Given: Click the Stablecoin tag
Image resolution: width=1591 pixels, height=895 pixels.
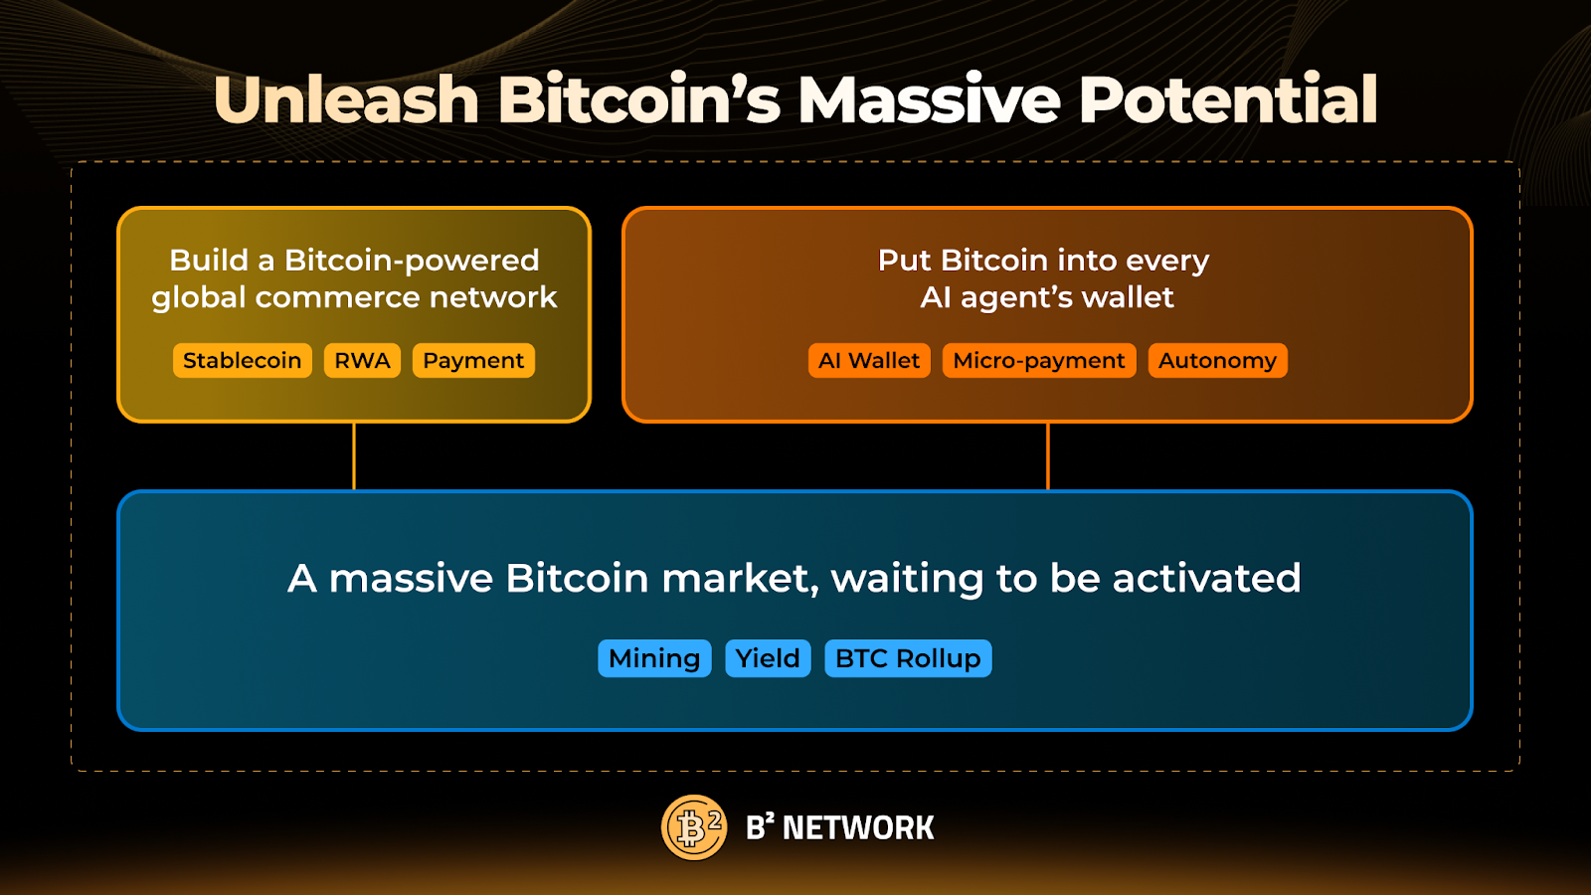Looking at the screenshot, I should pyautogui.click(x=242, y=360).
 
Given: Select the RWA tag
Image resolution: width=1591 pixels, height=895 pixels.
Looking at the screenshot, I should pyautogui.click(x=362, y=360).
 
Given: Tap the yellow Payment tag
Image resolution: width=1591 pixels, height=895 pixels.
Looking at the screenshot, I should pyautogui.click(x=473, y=360).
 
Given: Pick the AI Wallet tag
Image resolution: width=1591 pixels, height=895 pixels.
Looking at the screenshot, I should pyautogui.click(x=869, y=360).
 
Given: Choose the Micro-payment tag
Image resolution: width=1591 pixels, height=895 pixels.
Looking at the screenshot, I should pyautogui.click(x=1038, y=360).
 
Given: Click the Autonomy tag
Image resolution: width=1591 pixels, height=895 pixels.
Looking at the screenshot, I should pyautogui.click(x=1217, y=360).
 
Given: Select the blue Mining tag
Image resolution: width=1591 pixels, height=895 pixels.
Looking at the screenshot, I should pyautogui.click(x=654, y=658).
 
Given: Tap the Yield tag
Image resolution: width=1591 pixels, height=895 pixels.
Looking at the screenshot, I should pyautogui.click(x=768, y=658).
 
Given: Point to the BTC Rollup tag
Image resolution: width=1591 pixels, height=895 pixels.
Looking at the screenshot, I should pyautogui.click(x=908, y=658).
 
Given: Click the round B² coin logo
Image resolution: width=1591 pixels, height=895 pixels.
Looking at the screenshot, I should pyautogui.click(x=694, y=827).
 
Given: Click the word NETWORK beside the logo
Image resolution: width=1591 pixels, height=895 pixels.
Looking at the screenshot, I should pyautogui.click(x=858, y=827).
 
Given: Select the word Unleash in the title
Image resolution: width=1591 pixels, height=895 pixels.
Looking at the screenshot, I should pyautogui.click(x=346, y=99).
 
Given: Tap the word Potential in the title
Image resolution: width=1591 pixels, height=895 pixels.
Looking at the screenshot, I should pyautogui.click(x=1228, y=99).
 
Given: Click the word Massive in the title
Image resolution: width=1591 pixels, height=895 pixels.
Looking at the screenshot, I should pyautogui.click(x=930, y=99).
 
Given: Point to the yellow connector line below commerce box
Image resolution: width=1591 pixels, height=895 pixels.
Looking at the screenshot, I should pyautogui.click(x=354, y=456).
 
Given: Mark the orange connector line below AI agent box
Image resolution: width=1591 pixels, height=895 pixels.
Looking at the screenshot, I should pyautogui.click(x=1048, y=456).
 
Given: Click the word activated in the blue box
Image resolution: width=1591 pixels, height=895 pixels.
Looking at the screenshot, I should pyautogui.click(x=1206, y=578).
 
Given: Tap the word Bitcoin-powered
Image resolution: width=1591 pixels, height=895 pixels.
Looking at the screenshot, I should pyautogui.click(x=412, y=261).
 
